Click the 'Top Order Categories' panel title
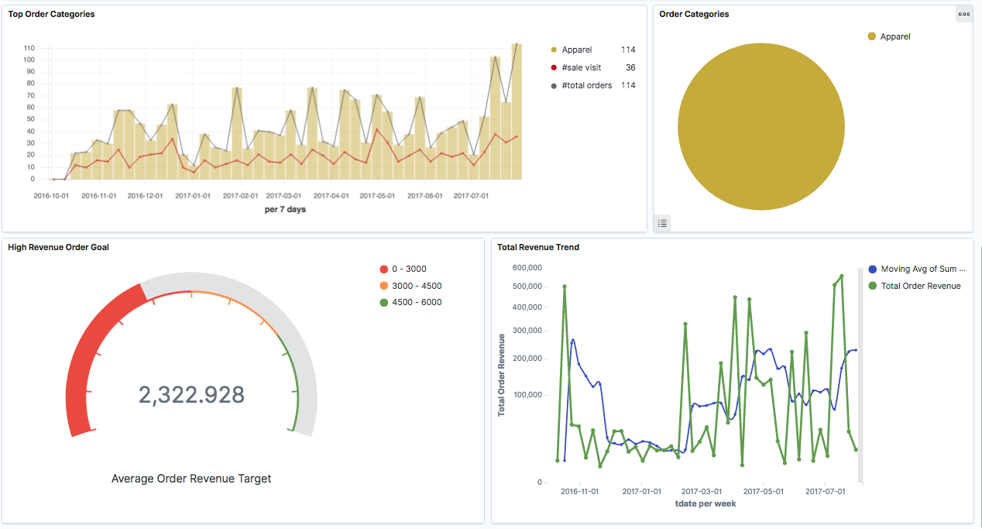pyautogui.click(x=51, y=14)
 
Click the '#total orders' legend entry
pyautogui.click(x=586, y=85)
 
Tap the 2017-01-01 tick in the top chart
pyautogui.click(x=193, y=196)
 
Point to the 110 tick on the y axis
pyautogui.click(x=29, y=48)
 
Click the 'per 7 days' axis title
pyautogui.click(x=285, y=209)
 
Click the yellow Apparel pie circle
pyautogui.click(x=761, y=127)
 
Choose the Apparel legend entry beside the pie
pyautogui.click(x=894, y=36)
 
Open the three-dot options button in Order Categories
pyautogui.click(x=963, y=14)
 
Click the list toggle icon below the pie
pyautogui.click(x=662, y=223)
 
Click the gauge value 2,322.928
pyautogui.click(x=191, y=394)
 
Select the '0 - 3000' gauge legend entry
pyautogui.click(x=408, y=269)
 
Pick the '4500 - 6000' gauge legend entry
pyautogui.click(x=416, y=302)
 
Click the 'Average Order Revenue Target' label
pyautogui.click(x=191, y=479)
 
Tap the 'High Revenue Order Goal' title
pyautogui.click(x=58, y=247)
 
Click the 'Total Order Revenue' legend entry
pyautogui.click(x=920, y=286)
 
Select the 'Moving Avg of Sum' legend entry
pyautogui.click(x=922, y=269)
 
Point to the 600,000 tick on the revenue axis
pyautogui.click(x=527, y=268)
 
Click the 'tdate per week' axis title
pyautogui.click(x=705, y=503)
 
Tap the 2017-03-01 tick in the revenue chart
pyautogui.click(x=702, y=491)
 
